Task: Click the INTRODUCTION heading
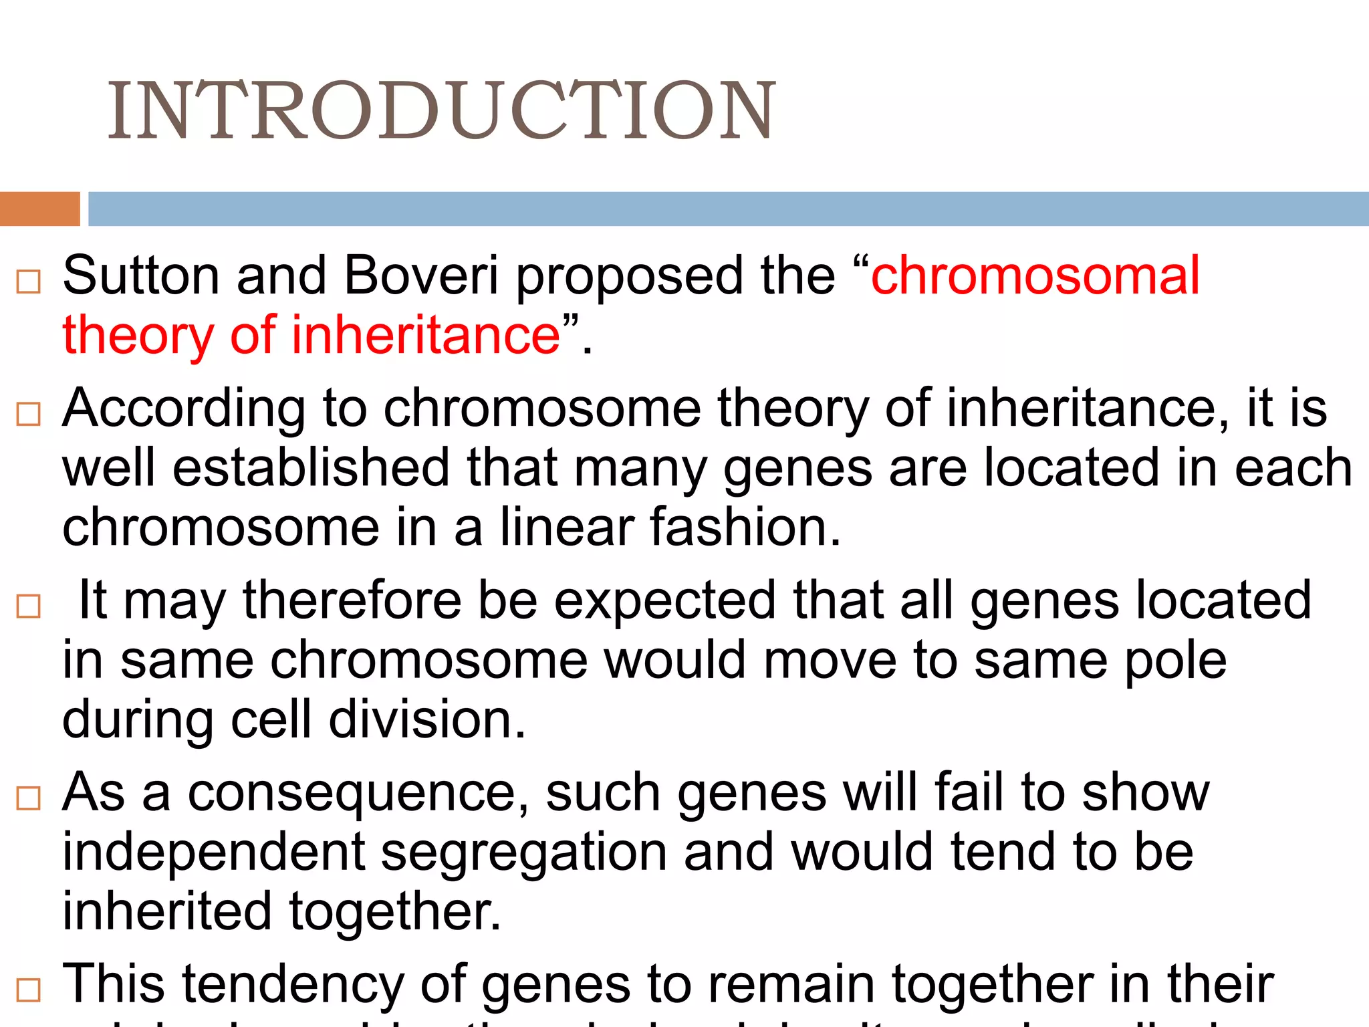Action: pos(441,110)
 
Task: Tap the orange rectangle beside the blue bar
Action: pos(39,209)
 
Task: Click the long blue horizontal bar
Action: pos(728,209)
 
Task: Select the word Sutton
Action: pos(141,275)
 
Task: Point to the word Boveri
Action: pos(421,275)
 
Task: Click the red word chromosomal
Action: pos(1035,275)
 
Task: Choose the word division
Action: pos(427,719)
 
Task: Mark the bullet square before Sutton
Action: pos(29,282)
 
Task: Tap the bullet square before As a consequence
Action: pos(29,798)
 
